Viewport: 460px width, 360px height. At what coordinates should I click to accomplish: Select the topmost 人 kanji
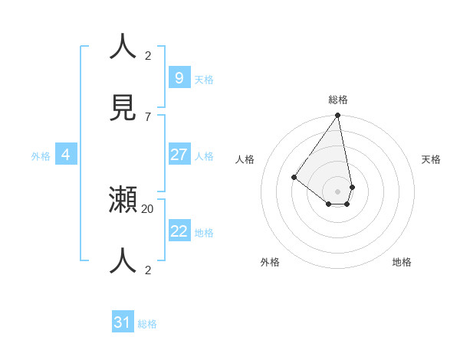[x=123, y=47]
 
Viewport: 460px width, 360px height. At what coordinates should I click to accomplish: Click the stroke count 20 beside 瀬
[x=148, y=208]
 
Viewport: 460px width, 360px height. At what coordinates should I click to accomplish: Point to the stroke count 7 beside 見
[x=148, y=116]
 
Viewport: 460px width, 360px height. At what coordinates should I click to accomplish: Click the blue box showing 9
[x=179, y=77]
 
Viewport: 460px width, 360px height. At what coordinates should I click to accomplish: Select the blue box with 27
[x=179, y=155]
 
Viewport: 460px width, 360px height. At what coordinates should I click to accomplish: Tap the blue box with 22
[x=179, y=231]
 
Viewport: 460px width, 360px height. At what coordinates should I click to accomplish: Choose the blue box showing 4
[x=66, y=155]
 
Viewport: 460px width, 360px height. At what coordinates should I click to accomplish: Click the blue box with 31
[x=123, y=322]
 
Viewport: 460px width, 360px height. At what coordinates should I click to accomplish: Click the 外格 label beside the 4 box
[x=41, y=156]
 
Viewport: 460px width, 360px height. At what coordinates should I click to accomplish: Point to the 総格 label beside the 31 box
[x=147, y=324]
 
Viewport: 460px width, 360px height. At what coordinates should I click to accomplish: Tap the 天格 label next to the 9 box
[x=204, y=79]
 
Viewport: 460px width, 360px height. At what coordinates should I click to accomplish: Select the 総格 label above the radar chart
[x=338, y=100]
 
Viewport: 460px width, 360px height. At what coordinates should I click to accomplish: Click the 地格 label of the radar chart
[x=402, y=262]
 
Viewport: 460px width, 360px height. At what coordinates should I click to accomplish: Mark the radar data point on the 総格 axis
[x=337, y=116]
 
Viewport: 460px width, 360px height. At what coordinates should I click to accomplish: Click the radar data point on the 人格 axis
[x=294, y=177]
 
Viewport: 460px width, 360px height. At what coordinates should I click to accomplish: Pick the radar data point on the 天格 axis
[x=352, y=187]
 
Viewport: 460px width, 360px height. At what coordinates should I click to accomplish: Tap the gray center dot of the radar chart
[x=337, y=191]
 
